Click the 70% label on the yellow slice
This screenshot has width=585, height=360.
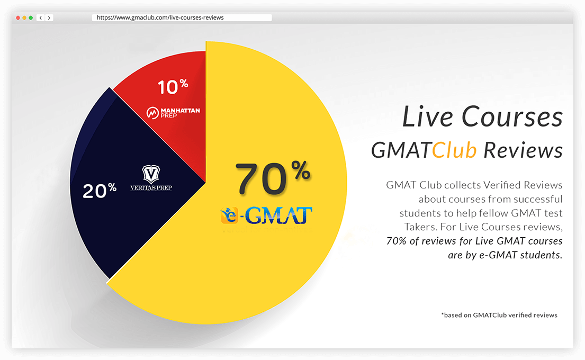click(x=273, y=178)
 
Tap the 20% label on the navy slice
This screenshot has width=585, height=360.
click(x=99, y=190)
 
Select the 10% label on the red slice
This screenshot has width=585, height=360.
click(x=173, y=86)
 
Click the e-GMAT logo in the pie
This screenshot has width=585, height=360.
click(x=266, y=215)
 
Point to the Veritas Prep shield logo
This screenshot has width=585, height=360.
click(x=151, y=178)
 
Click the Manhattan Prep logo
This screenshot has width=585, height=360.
click(x=173, y=112)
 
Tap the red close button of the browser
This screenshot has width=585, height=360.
click(x=18, y=17)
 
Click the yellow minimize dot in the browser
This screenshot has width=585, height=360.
click(x=24, y=17)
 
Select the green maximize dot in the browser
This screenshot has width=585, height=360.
click(x=31, y=17)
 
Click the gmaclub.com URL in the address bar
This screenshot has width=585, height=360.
click(x=160, y=17)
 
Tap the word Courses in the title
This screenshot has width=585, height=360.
click(x=512, y=116)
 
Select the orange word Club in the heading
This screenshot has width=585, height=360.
click(x=454, y=150)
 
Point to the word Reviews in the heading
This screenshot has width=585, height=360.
click(x=523, y=150)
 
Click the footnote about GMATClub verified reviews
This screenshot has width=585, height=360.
click(x=499, y=315)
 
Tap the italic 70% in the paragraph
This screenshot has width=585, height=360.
click(x=396, y=241)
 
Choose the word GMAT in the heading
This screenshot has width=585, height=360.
click(x=401, y=150)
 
